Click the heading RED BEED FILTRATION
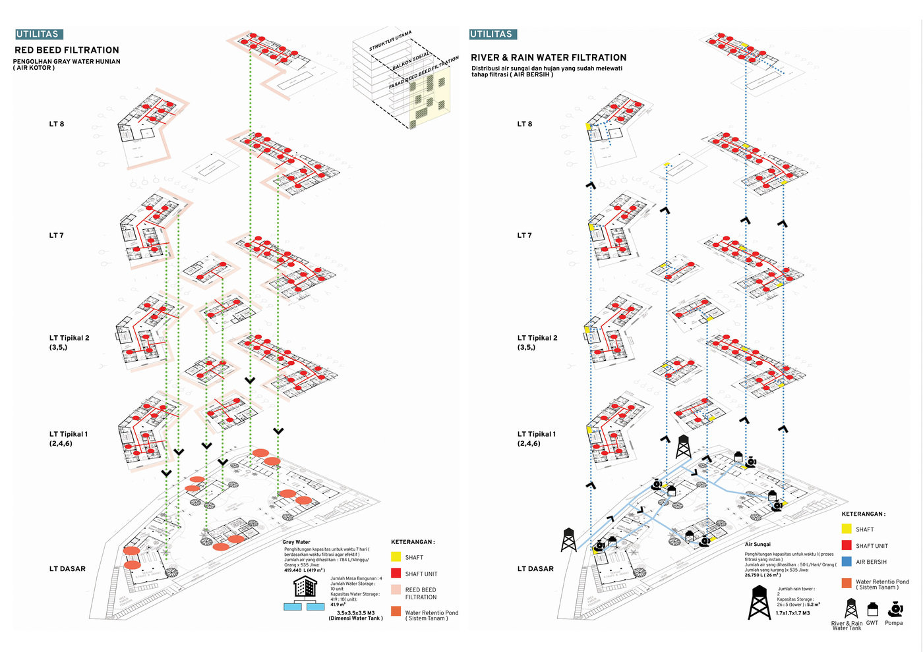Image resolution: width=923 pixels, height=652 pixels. (67, 50)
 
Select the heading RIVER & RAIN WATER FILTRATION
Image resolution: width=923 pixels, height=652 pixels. (548, 58)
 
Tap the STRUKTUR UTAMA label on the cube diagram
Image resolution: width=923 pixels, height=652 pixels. (390, 41)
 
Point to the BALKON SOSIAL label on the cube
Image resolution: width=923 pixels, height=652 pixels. (411, 61)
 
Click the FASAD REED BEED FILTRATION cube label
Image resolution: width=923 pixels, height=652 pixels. (423, 73)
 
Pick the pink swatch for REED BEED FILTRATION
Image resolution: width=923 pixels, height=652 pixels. (396, 590)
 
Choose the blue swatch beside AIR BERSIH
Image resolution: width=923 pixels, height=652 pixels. (847, 562)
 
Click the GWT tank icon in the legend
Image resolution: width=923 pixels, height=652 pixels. (872, 609)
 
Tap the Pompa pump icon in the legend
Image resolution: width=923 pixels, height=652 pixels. (895, 609)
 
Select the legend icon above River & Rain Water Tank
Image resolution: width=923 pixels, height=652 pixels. (851, 609)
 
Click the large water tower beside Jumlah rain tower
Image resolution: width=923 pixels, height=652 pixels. (759, 602)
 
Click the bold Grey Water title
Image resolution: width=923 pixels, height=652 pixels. (297, 542)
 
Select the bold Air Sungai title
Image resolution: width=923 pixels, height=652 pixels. (758, 545)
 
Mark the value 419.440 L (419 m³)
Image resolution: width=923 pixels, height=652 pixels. (304, 570)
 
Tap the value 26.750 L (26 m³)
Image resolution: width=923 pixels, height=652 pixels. (762, 575)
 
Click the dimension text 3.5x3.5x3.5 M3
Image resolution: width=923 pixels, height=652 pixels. (355, 612)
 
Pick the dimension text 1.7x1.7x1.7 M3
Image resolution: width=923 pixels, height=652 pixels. (792, 613)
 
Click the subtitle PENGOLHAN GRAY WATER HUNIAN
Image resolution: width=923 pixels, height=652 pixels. (67, 62)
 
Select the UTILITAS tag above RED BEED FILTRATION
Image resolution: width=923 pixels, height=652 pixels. (38, 34)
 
